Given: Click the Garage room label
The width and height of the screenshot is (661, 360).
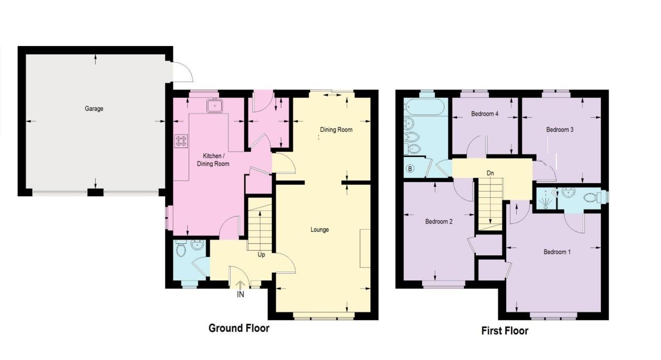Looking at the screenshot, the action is click(94, 109).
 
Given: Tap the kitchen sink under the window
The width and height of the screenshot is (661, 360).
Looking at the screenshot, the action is click(215, 106).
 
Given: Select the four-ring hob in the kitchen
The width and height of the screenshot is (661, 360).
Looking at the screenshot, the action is click(181, 141).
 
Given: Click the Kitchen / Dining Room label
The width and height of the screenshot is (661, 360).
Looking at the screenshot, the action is click(213, 160).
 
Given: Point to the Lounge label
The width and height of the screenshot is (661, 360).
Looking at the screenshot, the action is click(320, 230).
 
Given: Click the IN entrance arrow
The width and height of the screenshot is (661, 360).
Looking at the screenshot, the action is click(240, 285).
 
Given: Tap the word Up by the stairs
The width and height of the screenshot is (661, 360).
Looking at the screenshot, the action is click(261, 255).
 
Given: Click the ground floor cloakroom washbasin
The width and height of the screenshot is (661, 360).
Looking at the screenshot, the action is click(197, 244).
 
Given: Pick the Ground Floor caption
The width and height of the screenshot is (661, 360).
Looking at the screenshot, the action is click(239, 328).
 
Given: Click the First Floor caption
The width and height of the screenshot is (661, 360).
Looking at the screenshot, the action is click(505, 331).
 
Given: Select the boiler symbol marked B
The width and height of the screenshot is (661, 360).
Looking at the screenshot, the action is click(410, 168).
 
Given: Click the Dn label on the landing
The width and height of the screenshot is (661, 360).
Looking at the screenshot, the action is click(490, 173).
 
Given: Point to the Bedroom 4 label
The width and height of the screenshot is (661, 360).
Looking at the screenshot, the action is click(485, 114).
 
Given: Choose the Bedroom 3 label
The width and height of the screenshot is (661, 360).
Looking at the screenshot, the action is click(560, 130).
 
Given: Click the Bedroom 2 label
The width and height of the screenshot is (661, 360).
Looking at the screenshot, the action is click(439, 221).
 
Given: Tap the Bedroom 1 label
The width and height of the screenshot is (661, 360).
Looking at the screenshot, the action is click(557, 252).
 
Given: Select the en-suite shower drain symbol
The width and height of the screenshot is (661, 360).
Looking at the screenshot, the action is click(545, 201).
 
